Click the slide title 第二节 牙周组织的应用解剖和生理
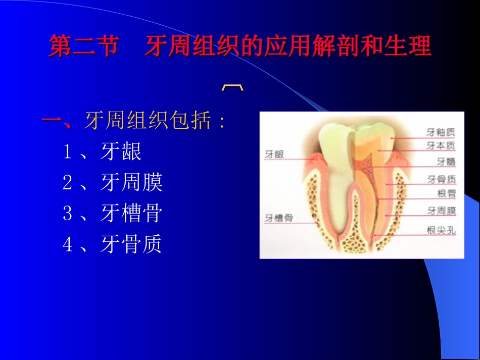coord(240,47)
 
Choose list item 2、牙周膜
coord(113,182)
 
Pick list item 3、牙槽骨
coord(112,213)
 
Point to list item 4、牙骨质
coord(112,244)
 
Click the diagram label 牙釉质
coord(441,133)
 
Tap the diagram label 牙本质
coord(441,145)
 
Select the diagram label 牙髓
coord(446,162)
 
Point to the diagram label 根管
coord(446,193)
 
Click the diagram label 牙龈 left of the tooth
coord(274,155)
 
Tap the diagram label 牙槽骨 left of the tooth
coord(279,218)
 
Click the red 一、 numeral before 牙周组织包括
coord(58,122)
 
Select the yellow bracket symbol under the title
coord(233,88)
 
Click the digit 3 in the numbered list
coord(68,214)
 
